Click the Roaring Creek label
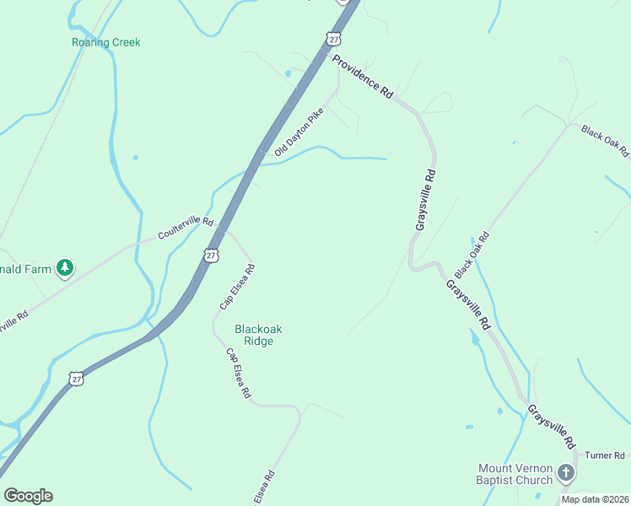click(x=106, y=42)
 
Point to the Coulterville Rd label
click(x=186, y=228)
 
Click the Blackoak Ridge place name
click(x=254, y=335)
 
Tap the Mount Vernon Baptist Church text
click(x=515, y=474)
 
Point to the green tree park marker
click(x=65, y=268)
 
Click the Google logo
click(x=28, y=496)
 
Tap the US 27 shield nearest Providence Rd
click(x=334, y=40)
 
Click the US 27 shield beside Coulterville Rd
click(x=211, y=255)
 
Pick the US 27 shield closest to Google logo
click(x=77, y=379)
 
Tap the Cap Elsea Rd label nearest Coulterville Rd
click(x=238, y=285)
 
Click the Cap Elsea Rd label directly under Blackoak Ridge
click(x=238, y=373)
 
